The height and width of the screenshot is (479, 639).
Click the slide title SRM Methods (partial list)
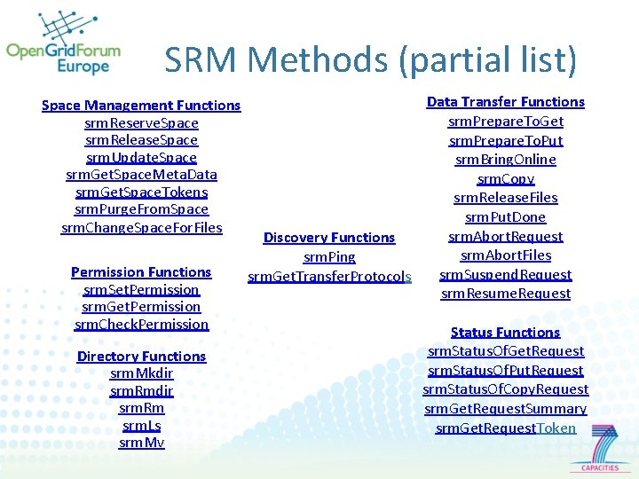pyautogui.click(x=370, y=60)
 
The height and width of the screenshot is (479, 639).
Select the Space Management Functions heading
pyautogui.click(x=141, y=106)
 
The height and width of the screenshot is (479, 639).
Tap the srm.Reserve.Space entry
pyautogui.click(x=141, y=122)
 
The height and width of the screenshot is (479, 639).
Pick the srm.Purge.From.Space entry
pyautogui.click(x=141, y=209)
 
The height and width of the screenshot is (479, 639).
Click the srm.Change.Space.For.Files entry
pyautogui.click(x=141, y=227)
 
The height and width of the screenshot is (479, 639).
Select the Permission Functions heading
pyautogui.click(x=141, y=272)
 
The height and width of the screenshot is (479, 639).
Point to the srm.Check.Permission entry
pyautogui.click(x=141, y=324)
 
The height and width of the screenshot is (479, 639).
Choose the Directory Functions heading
pyautogui.click(x=141, y=357)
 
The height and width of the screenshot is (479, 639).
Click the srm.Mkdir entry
pyautogui.click(x=141, y=373)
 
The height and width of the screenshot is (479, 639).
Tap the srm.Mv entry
pyautogui.click(x=141, y=443)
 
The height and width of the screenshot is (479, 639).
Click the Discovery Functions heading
pyautogui.click(x=329, y=238)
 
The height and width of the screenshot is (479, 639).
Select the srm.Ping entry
pyautogui.click(x=329, y=257)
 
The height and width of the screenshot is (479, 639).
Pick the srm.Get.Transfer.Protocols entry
pyautogui.click(x=329, y=277)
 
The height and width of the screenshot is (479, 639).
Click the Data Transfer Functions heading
pyautogui.click(x=505, y=102)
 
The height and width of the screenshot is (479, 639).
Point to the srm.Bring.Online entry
pyautogui.click(x=505, y=160)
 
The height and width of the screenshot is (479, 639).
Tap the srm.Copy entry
pyautogui.click(x=505, y=178)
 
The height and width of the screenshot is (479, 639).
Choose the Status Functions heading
pyautogui.click(x=505, y=333)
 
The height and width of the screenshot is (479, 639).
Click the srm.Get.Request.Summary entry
pyautogui.click(x=505, y=409)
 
